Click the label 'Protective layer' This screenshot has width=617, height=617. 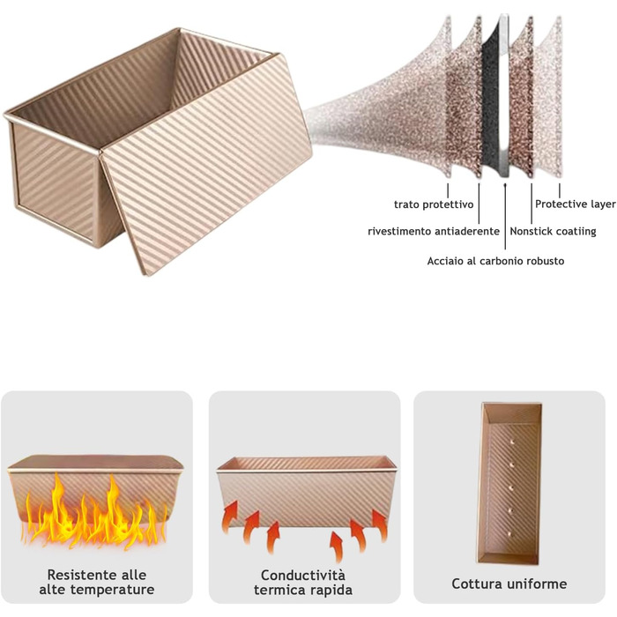(x=575, y=204)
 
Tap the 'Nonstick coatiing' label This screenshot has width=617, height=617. (x=553, y=231)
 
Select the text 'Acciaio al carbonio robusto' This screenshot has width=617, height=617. (x=495, y=261)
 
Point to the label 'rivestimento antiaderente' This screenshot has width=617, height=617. (x=434, y=231)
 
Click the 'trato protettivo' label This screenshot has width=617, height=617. (x=434, y=204)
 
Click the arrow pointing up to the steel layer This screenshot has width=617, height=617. (x=505, y=216)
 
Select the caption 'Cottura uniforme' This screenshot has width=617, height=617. (x=509, y=584)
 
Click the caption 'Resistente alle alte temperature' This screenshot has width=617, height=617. (x=97, y=582)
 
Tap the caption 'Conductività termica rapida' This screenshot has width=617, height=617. (x=303, y=583)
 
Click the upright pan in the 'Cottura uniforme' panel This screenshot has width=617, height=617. (x=509, y=483)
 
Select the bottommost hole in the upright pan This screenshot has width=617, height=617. (x=511, y=534)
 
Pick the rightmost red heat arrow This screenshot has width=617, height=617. (x=380, y=525)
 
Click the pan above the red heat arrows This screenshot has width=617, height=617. (x=306, y=491)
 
